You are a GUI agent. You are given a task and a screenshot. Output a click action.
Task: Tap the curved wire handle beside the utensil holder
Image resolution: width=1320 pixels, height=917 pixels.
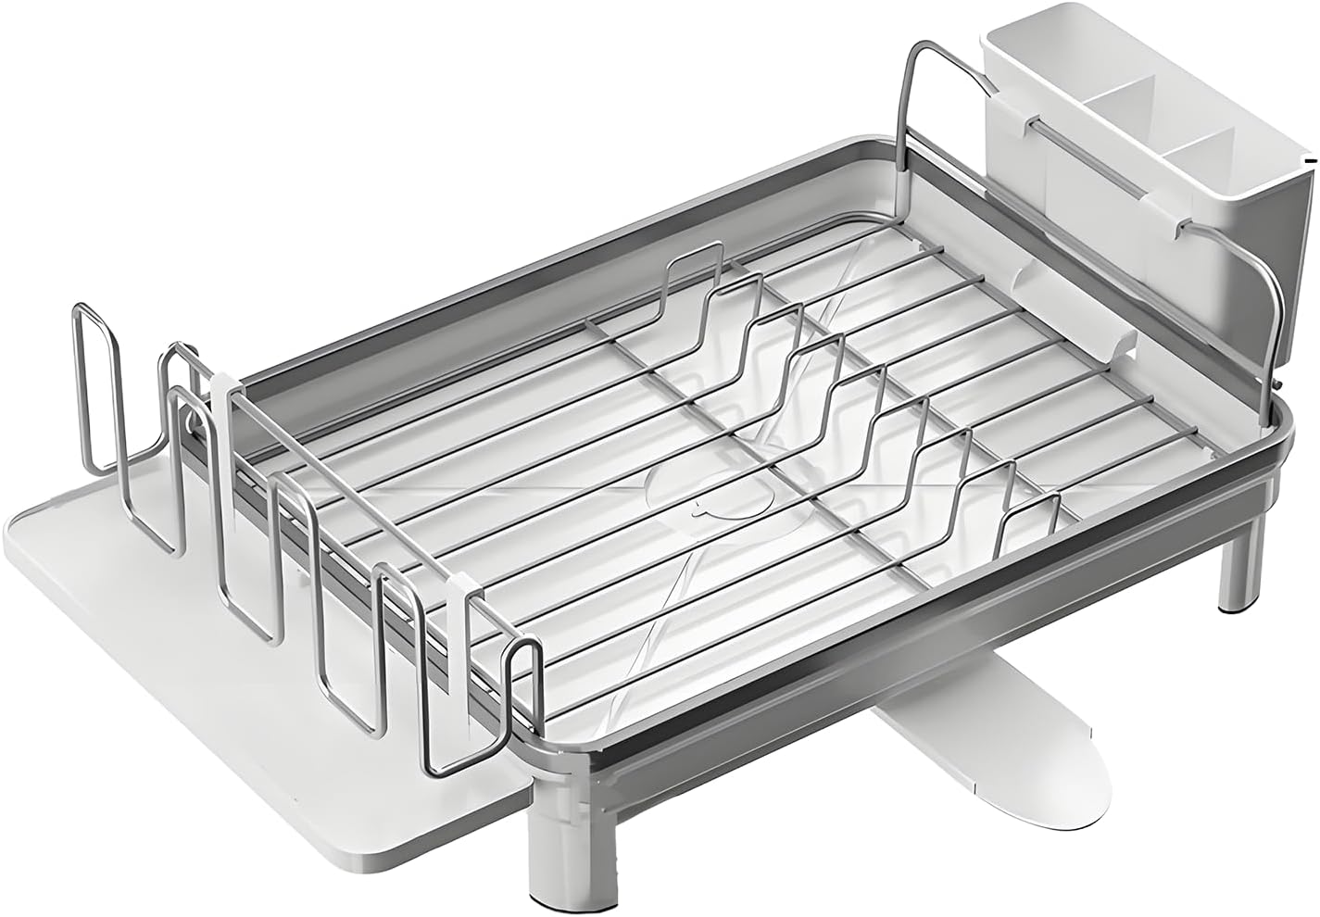(x=912, y=102)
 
